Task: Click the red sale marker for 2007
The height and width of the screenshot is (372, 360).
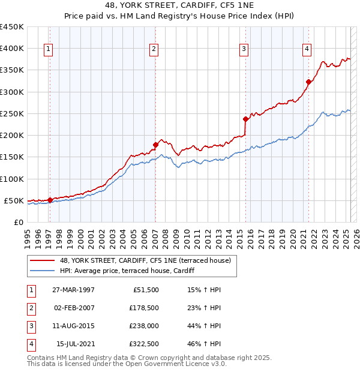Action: pyautogui.click(x=155, y=144)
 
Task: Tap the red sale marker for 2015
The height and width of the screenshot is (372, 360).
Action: pyautogui.click(x=245, y=119)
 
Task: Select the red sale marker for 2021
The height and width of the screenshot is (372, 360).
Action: pyautogui.click(x=308, y=82)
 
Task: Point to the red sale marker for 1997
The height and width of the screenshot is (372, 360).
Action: pyautogui.click(x=50, y=200)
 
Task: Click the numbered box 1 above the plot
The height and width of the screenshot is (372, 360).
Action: pyautogui.click(x=47, y=49)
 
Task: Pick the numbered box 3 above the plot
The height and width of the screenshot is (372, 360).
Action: pyautogui.click(x=244, y=49)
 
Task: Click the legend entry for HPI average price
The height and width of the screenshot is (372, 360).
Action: pyautogui.click(x=127, y=271)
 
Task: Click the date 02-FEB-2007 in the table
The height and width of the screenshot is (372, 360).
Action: pyautogui.click(x=74, y=308)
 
